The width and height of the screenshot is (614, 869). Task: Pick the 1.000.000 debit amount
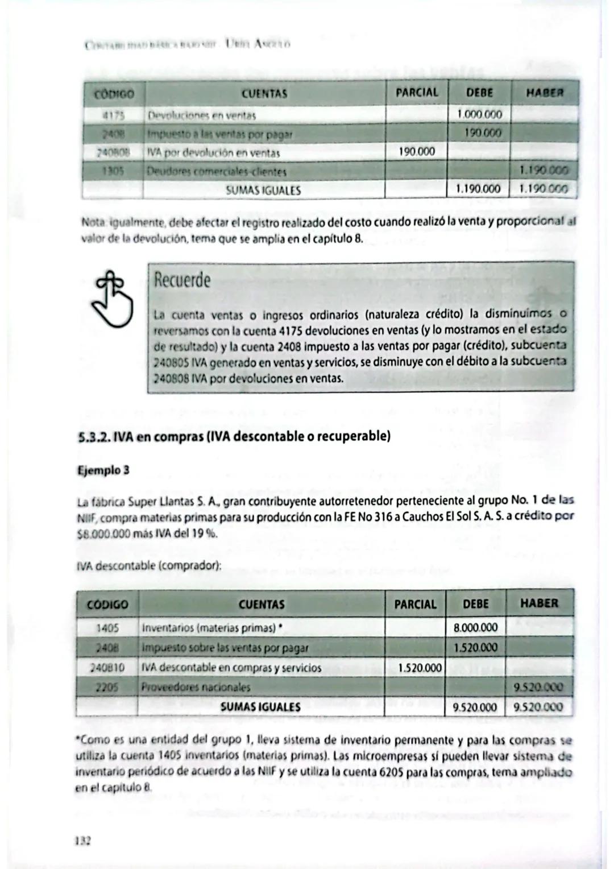[479, 114]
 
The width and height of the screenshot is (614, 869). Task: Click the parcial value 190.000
[416, 152]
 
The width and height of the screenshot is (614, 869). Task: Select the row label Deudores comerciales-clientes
[217, 171]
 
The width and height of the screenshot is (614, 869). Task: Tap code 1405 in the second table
[107, 628]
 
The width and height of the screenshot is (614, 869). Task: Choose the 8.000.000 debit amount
[475, 628]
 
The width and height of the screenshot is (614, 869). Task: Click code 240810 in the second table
[107, 668]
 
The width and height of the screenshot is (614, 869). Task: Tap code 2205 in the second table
[107, 687]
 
